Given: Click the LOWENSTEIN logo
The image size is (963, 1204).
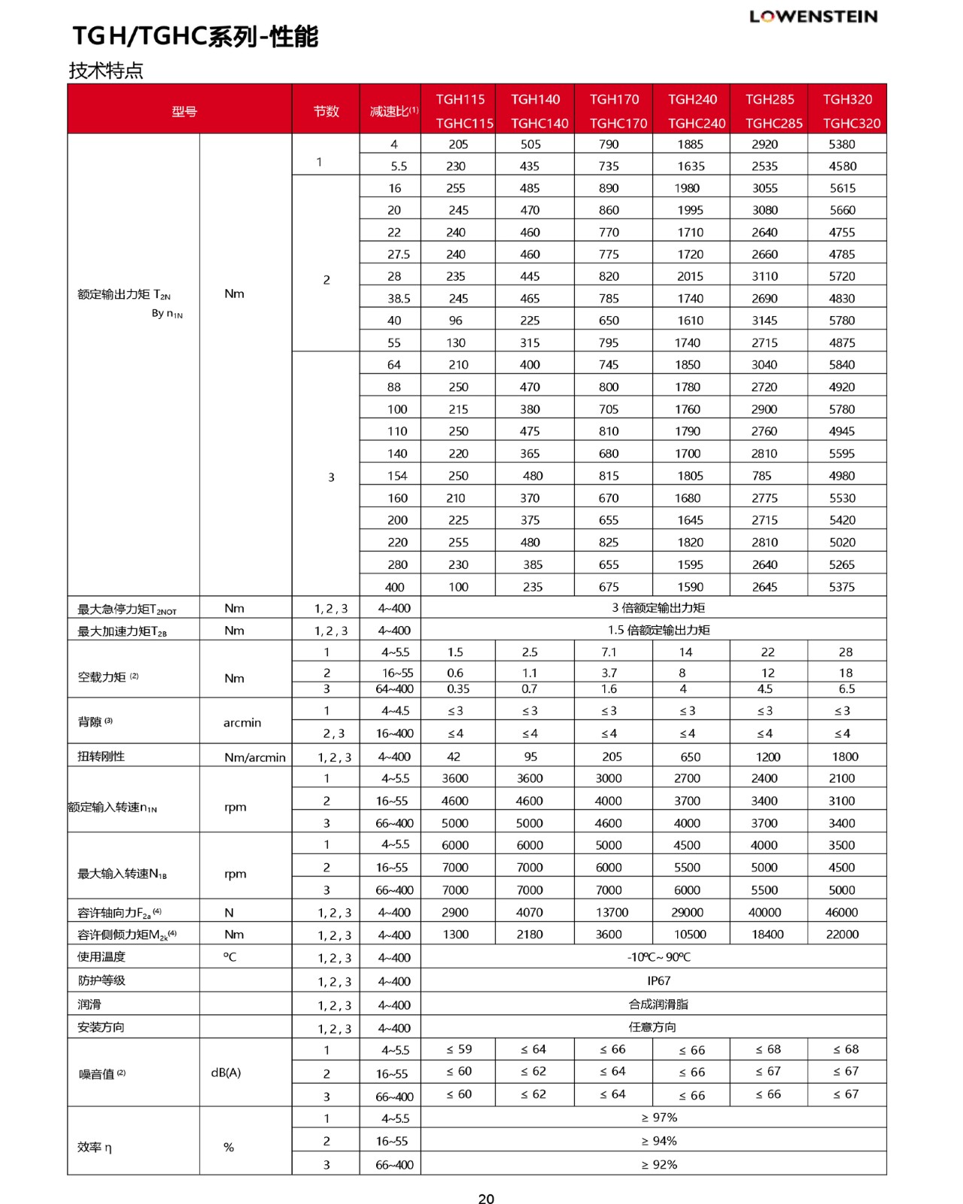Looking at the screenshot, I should [x=813, y=17].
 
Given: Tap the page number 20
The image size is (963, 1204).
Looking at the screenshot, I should [x=486, y=1199].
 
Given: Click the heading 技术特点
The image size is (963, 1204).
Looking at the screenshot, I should [x=106, y=71].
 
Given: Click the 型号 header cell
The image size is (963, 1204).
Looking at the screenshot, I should [x=184, y=111].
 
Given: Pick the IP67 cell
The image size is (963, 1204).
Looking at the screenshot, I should [x=658, y=981].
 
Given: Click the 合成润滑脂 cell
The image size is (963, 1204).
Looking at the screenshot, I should [x=658, y=1004].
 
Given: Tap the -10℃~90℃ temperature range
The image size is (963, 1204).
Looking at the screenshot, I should [x=658, y=957].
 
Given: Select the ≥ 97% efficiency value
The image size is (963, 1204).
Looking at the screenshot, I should [x=659, y=1117].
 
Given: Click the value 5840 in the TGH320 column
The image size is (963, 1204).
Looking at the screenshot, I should [x=842, y=365].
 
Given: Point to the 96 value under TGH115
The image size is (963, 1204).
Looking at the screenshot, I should [x=456, y=321].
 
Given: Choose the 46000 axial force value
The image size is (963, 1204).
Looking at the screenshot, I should [x=841, y=912].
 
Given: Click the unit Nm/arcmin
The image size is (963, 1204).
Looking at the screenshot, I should [x=254, y=757].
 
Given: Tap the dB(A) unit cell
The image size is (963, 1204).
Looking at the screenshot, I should [x=226, y=1072].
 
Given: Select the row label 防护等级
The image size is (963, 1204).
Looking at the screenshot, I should [x=102, y=981].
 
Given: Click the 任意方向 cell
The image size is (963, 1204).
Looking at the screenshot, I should [x=652, y=1027].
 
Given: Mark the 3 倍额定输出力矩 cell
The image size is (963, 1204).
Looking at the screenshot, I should [x=658, y=608].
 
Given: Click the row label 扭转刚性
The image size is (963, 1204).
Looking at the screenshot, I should [x=101, y=756].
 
